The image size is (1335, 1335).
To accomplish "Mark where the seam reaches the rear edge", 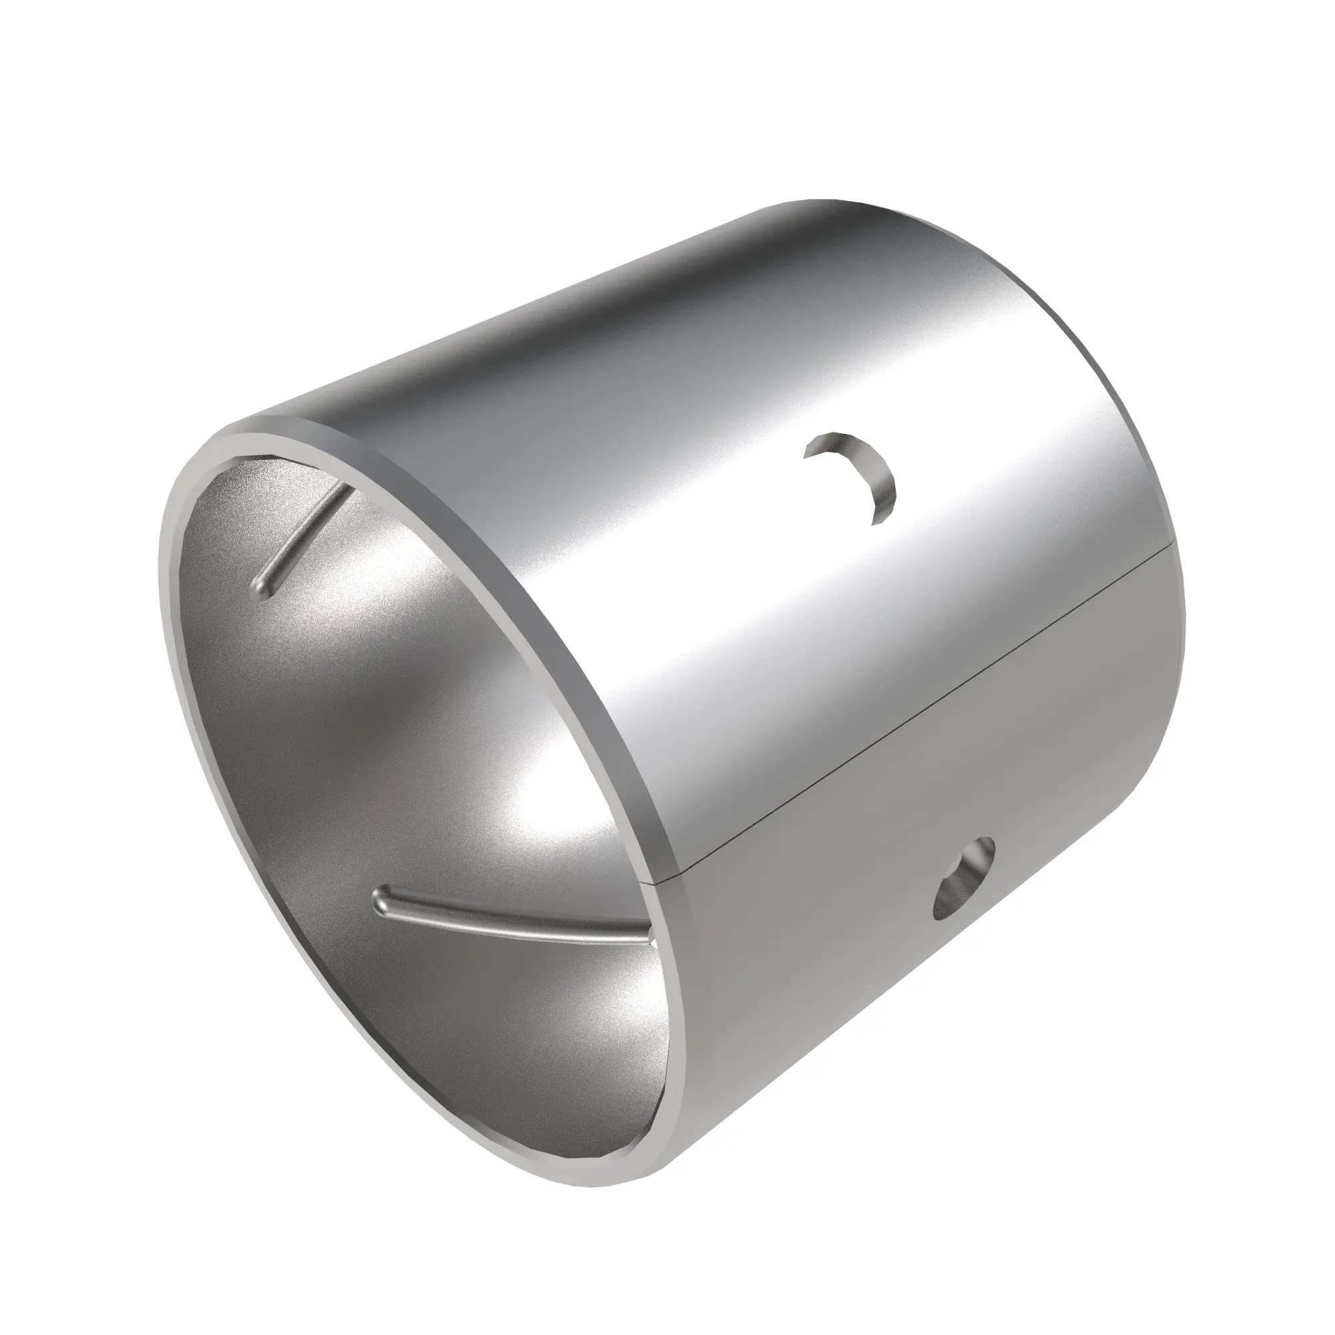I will [x=1174, y=539].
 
